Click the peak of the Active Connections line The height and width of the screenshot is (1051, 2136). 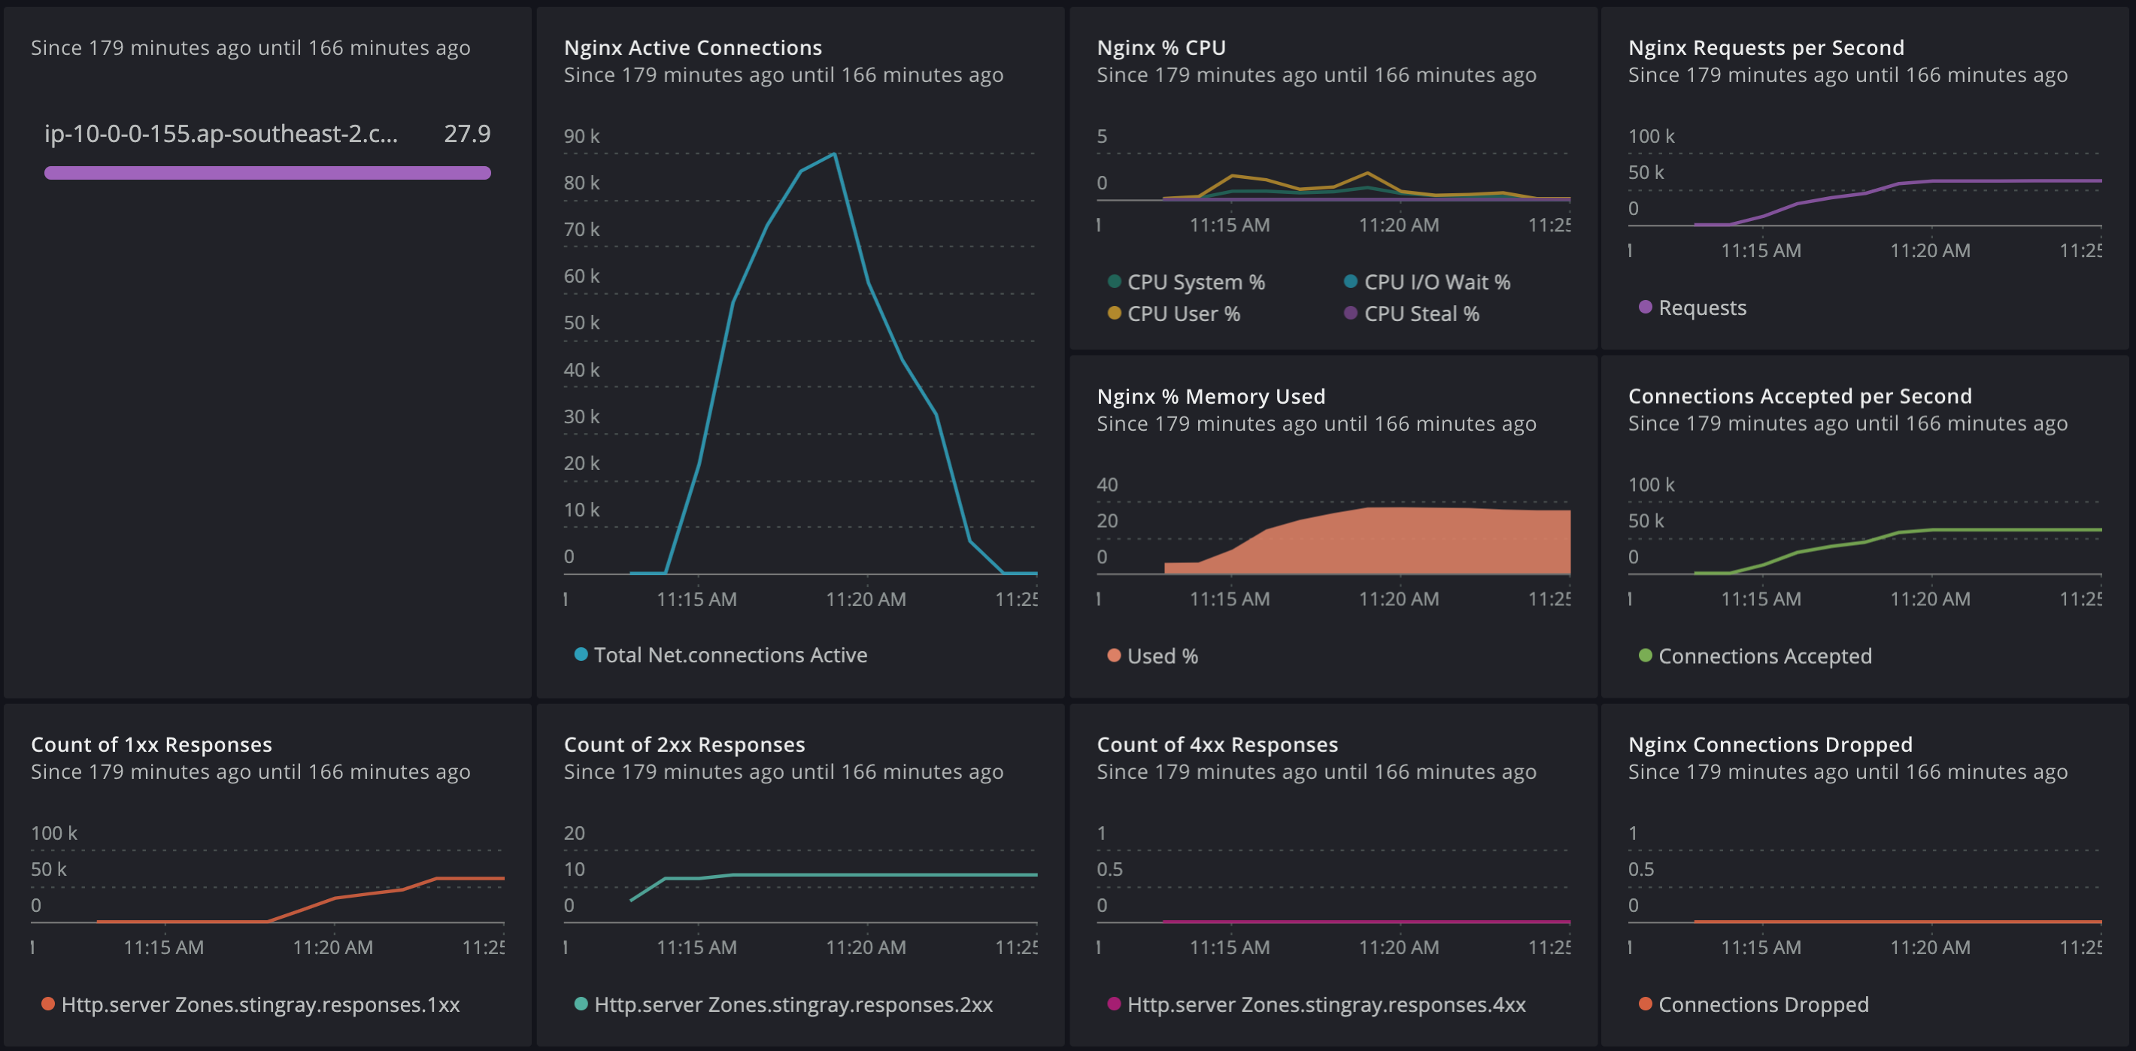pyautogui.click(x=834, y=154)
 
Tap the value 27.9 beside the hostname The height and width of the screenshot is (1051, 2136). pyautogui.click(x=467, y=134)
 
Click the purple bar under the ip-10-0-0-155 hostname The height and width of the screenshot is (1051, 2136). pyautogui.click(x=267, y=172)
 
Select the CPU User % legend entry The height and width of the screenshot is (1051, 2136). pyautogui.click(x=1183, y=314)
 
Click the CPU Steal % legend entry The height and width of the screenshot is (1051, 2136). pyautogui.click(x=1421, y=314)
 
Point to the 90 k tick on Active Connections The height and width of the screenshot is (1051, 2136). pyautogui.click(x=581, y=136)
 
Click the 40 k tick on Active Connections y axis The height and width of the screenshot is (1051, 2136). pyautogui.click(x=581, y=370)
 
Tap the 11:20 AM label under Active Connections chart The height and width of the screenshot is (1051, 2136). pyautogui.click(x=866, y=599)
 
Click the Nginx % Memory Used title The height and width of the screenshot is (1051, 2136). pyautogui.click(x=1211, y=396)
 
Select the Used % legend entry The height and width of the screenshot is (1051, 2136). pyautogui.click(x=1162, y=656)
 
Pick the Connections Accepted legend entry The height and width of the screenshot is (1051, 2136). pyautogui.click(x=1764, y=656)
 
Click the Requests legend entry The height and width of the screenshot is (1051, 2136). pyautogui.click(x=1701, y=308)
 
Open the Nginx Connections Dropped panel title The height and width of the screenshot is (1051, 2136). pyautogui.click(x=1770, y=744)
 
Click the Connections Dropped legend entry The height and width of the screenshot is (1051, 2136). pyautogui.click(x=1763, y=1004)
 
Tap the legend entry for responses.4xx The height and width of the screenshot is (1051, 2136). pyautogui.click(x=1325, y=1004)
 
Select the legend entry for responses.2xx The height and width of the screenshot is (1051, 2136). pyautogui.click(x=793, y=1004)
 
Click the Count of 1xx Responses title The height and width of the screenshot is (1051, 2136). pyautogui.click(x=152, y=744)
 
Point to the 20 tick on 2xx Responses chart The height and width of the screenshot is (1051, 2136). pyautogui.click(x=574, y=833)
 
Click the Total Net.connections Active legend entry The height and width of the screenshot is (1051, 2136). pyautogui.click(x=730, y=656)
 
